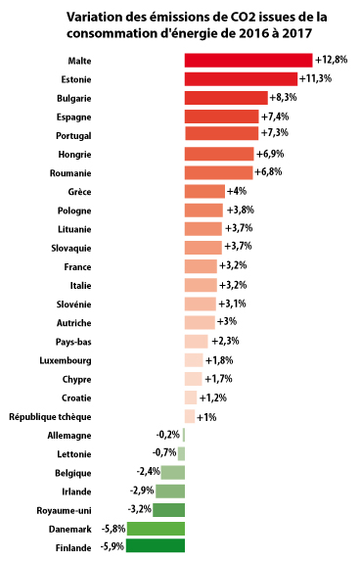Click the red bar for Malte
248,61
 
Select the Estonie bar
241,79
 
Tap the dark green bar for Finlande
156,545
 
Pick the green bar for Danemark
156,529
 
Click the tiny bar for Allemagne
184,435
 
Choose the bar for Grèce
204,191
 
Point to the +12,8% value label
332,60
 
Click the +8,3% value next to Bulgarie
284,98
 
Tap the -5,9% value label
112,546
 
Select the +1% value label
206,417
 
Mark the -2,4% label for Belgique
148,471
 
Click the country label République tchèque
50,417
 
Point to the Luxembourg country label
66,360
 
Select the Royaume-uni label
65,510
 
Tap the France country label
77,267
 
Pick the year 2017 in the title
297,33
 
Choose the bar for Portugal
222,133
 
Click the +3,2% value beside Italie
233,285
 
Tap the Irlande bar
170,492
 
